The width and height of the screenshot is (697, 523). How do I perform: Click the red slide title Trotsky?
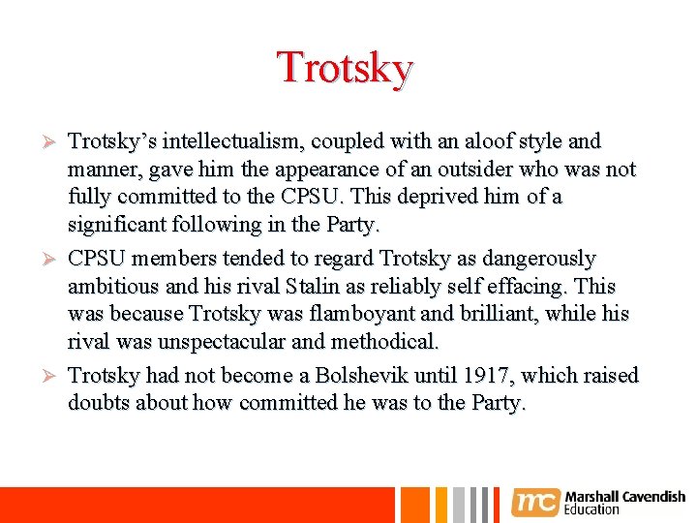click(346, 68)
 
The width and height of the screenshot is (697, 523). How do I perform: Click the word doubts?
click(99, 403)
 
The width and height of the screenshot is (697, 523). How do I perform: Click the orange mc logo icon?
click(536, 502)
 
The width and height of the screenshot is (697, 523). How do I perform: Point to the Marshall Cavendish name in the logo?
click(624, 497)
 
